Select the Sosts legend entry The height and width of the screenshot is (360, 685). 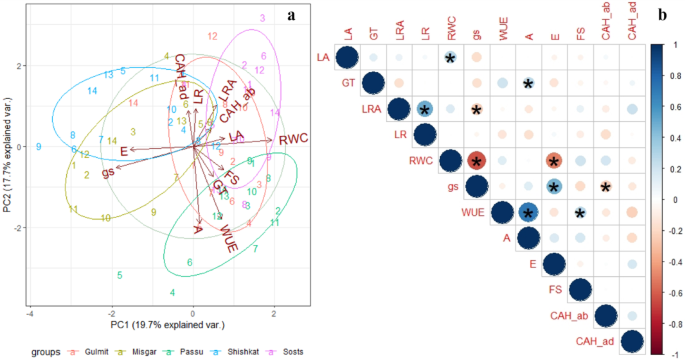(x=288, y=351)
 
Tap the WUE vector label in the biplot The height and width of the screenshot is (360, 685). (x=229, y=240)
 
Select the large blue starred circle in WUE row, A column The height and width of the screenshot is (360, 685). (x=527, y=213)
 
